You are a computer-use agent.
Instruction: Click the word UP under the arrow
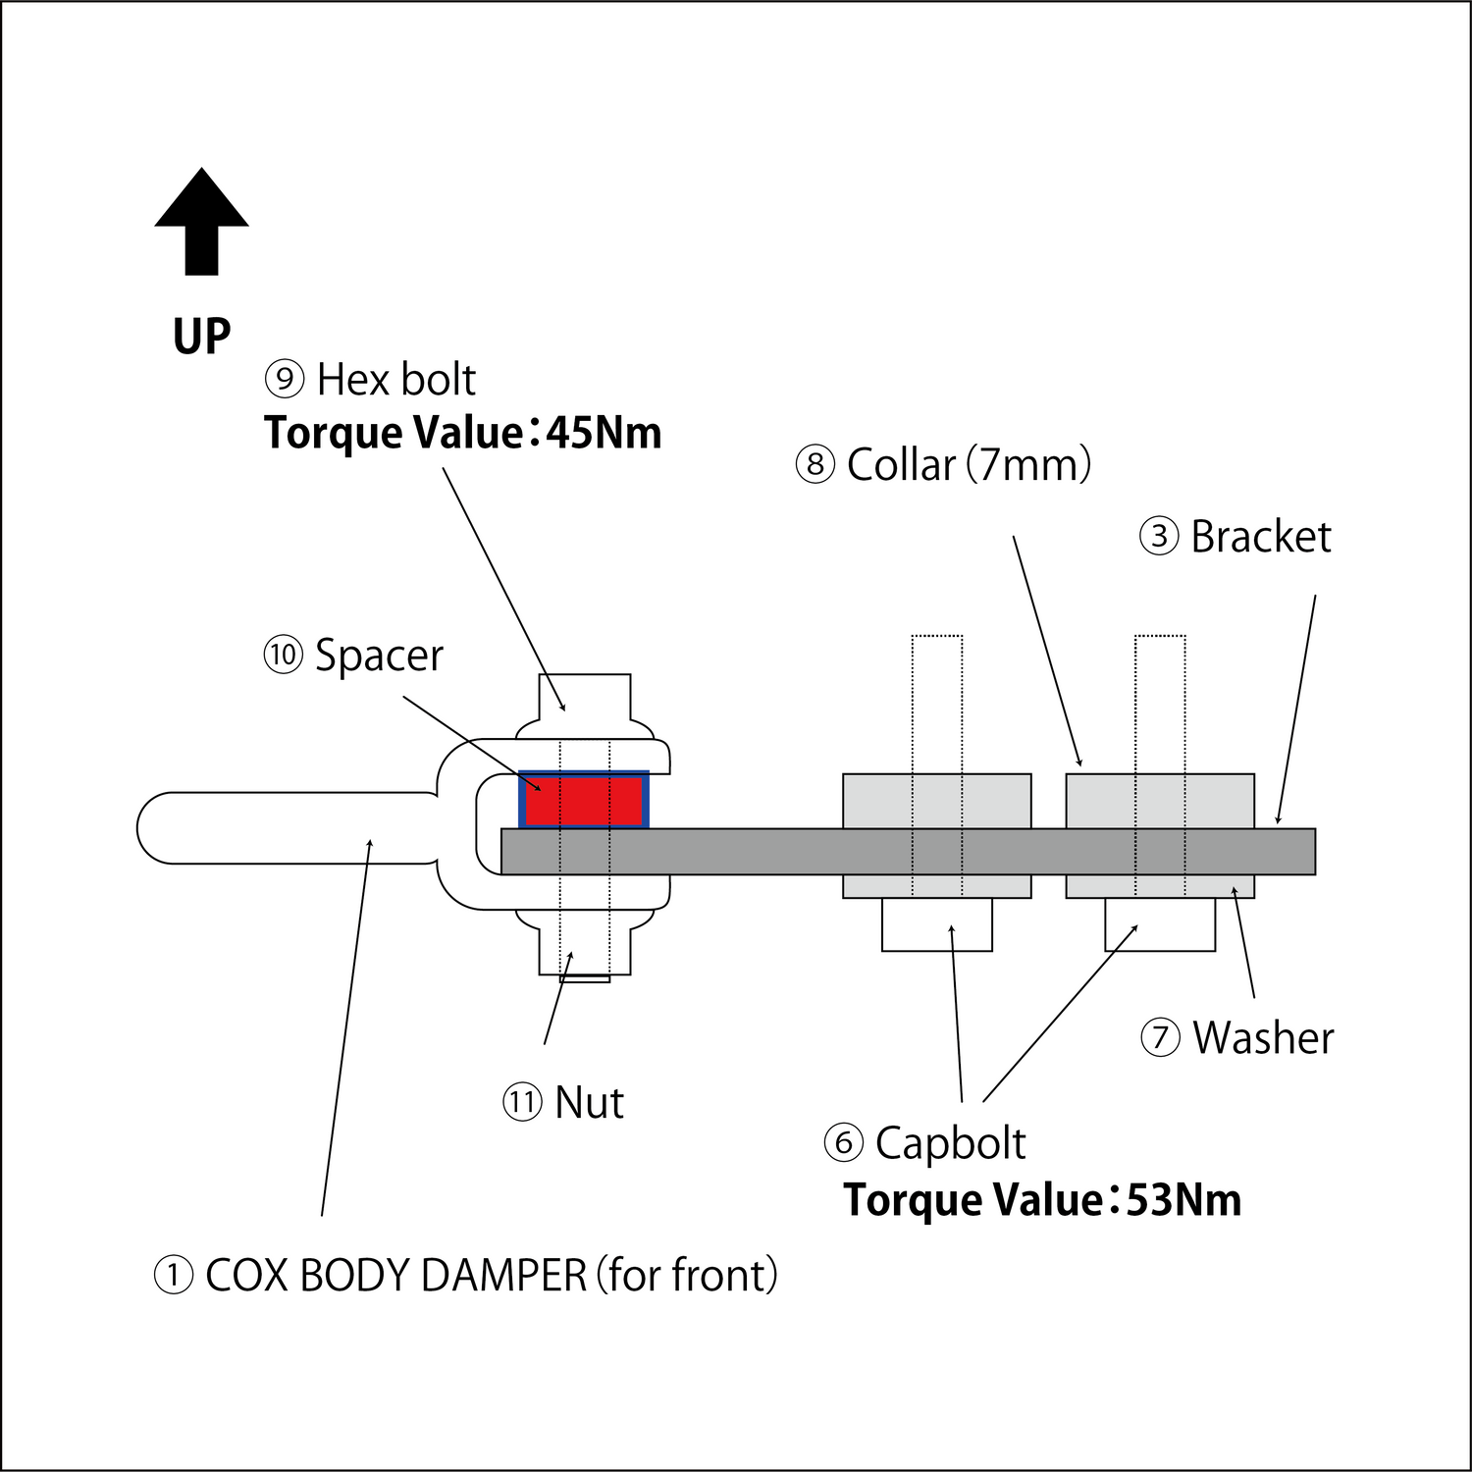[201, 337]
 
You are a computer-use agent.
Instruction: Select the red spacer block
[584, 801]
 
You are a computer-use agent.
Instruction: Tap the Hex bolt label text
[395, 380]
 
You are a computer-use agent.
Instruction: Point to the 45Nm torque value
[605, 433]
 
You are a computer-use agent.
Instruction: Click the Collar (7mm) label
[969, 464]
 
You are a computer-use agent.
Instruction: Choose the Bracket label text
[1261, 537]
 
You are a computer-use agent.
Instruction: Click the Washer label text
[1263, 1038]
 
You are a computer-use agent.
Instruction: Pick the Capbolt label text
[950, 1143]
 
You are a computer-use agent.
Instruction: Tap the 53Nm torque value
[1183, 1200]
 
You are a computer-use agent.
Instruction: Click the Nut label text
[589, 1102]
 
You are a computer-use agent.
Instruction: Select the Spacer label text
[379, 656]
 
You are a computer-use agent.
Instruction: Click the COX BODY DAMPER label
[491, 1276]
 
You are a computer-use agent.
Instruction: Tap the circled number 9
[285, 379]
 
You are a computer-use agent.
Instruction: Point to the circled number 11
[522, 1102]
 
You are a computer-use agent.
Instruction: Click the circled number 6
[843, 1143]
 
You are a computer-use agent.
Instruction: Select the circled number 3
[1159, 537]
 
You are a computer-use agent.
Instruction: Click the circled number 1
[174, 1276]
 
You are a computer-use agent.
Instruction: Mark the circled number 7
[1160, 1038]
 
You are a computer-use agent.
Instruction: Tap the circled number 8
[815, 464]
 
